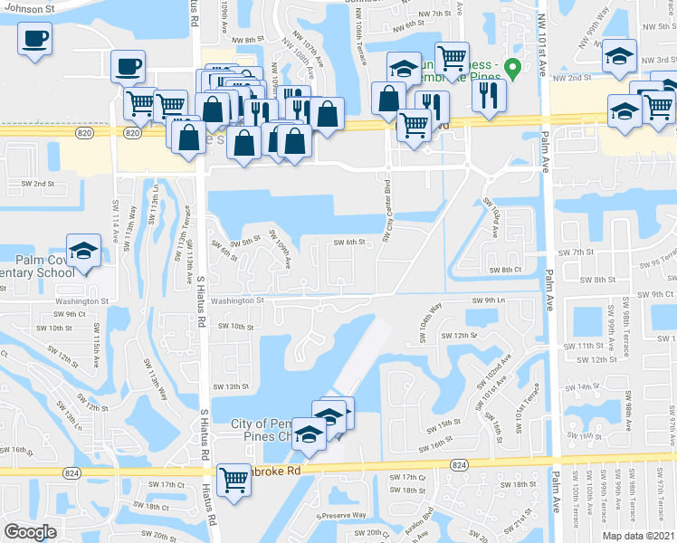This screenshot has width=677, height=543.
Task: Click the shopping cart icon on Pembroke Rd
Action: pyautogui.click(x=234, y=478)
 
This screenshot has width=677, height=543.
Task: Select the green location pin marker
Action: pyautogui.click(x=512, y=68)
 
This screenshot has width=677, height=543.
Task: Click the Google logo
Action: pyautogui.click(x=30, y=532)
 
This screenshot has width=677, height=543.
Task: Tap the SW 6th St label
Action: pyautogui.click(x=348, y=242)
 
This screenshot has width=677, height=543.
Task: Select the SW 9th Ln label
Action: pyautogui.click(x=487, y=300)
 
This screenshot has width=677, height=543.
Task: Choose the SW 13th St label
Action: pyautogui.click(x=230, y=386)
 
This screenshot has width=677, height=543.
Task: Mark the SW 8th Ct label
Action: pyautogui.click(x=505, y=270)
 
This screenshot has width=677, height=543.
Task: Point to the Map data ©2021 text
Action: pyautogui.click(x=638, y=536)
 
